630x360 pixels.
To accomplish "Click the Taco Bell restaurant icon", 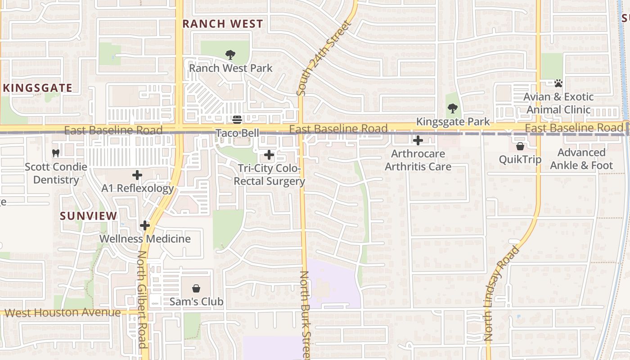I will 237,120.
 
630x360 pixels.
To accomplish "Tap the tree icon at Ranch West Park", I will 230,55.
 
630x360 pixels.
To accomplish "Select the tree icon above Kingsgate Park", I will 453,108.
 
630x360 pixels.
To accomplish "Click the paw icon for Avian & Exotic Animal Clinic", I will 558,83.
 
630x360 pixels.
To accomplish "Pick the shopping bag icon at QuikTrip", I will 520,146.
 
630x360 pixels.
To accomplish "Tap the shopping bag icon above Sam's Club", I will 196,288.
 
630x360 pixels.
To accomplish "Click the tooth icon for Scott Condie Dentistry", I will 56,153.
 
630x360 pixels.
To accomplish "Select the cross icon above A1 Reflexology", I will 137,175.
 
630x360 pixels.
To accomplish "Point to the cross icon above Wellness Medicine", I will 145,225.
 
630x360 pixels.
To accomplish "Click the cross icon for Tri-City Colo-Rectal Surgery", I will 269,155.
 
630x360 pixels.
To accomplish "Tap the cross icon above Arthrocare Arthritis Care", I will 418,140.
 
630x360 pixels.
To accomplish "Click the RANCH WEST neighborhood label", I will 223,24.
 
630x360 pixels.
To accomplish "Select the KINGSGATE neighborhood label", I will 38,88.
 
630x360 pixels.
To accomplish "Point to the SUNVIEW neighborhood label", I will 89,216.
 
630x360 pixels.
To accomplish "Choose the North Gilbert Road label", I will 142,300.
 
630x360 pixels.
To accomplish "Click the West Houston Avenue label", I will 63,312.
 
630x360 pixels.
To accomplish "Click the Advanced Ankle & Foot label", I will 581,159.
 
